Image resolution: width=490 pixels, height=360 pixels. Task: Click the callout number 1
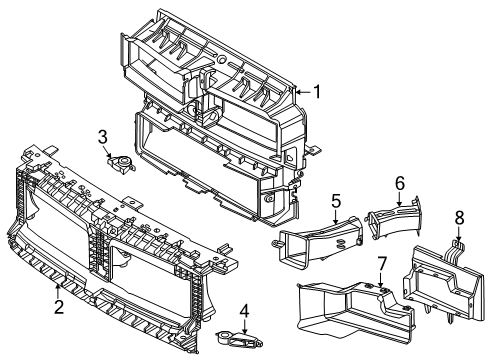tap(317, 92)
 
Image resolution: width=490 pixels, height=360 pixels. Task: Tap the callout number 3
tap(102, 137)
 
